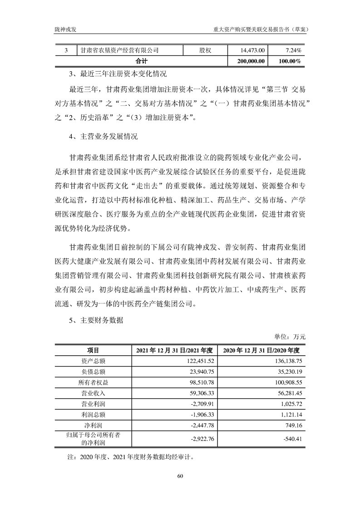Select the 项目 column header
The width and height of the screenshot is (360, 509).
click(x=93, y=350)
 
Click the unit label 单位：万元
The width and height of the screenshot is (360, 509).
click(x=290, y=337)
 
